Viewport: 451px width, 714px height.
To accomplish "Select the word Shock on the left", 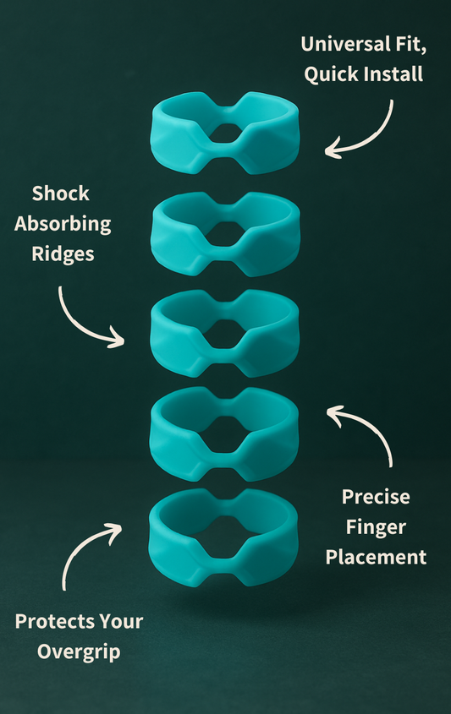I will pos(61,193).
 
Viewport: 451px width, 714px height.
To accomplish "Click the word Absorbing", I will pos(63,224).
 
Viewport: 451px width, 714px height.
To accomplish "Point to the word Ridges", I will pos(62,253).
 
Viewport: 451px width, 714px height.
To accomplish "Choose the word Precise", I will pos(376,497).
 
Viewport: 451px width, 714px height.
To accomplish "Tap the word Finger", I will pos(376,527).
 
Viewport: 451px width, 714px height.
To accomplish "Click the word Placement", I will pos(376,557).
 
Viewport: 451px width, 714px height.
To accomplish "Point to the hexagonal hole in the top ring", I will pos(224,133).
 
